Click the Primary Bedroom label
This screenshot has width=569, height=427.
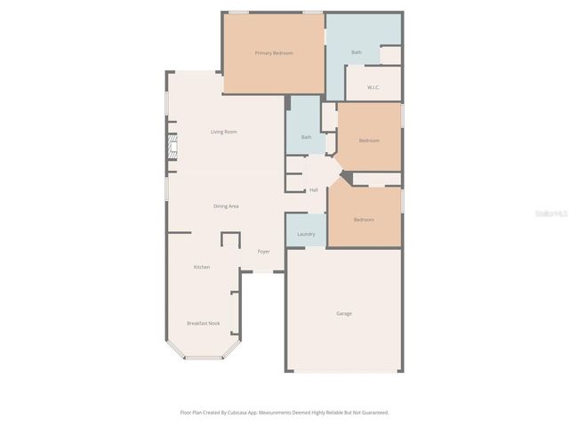[274, 53]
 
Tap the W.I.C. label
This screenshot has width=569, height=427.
[373, 87]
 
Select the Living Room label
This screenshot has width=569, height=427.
[223, 132]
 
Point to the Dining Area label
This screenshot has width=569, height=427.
[226, 206]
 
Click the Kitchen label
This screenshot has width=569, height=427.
[202, 267]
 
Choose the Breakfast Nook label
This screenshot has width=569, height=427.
[203, 323]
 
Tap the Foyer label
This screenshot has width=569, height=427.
[264, 252]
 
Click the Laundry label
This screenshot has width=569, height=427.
[306, 234]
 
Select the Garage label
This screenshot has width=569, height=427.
[343, 313]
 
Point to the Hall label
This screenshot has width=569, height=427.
[314, 190]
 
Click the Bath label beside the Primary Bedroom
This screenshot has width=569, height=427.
[357, 52]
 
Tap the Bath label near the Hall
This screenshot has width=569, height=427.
[306, 137]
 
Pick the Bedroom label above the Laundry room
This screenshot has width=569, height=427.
[363, 220]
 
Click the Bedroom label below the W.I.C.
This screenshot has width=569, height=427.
[369, 141]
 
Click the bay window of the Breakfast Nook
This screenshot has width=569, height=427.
[203, 357]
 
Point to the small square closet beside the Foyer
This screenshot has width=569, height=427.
[230, 240]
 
